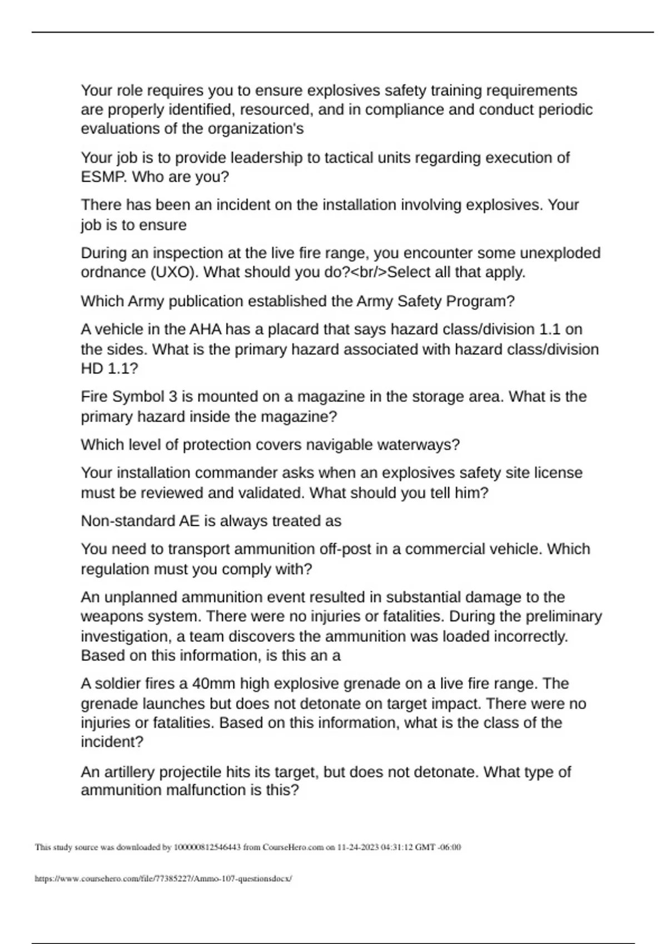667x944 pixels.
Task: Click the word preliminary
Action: coord(564,616)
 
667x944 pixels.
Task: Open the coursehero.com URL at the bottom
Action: coord(163,878)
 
